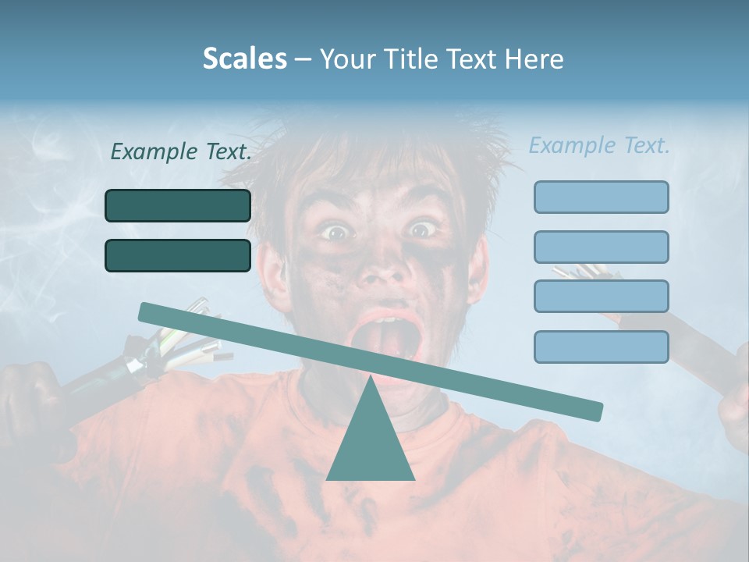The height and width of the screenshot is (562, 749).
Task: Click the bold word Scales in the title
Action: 244,59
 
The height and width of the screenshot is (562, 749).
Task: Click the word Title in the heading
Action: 413,59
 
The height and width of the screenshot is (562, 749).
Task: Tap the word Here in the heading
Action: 534,59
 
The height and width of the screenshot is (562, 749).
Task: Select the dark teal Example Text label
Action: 181,152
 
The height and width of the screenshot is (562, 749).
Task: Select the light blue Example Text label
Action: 599,145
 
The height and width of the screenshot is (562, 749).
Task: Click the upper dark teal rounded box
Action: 178,205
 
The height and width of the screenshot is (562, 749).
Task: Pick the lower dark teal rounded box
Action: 178,255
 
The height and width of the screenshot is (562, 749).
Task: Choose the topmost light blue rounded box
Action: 601,197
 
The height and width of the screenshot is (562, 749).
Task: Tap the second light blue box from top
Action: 601,247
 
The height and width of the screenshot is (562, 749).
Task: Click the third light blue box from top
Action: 601,297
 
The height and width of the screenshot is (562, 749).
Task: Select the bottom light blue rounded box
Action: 601,347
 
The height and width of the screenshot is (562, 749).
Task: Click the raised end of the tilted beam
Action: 148,311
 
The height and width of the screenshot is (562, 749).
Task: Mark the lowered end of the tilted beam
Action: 593,411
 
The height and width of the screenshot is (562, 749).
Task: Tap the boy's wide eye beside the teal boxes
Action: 336,232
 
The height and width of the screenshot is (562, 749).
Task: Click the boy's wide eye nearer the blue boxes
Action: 422,229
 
